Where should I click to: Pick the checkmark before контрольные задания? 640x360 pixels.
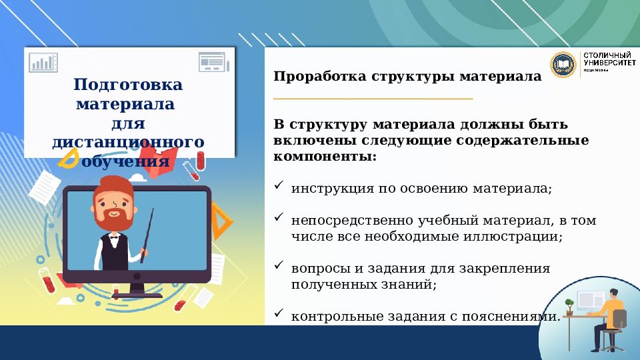[279, 313]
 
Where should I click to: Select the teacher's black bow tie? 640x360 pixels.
[114, 236]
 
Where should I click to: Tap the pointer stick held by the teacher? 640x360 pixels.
[147, 233]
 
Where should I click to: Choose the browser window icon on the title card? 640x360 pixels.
[212, 62]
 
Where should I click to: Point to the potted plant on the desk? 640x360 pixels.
[569, 306]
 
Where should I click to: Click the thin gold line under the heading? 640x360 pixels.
[373, 99]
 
